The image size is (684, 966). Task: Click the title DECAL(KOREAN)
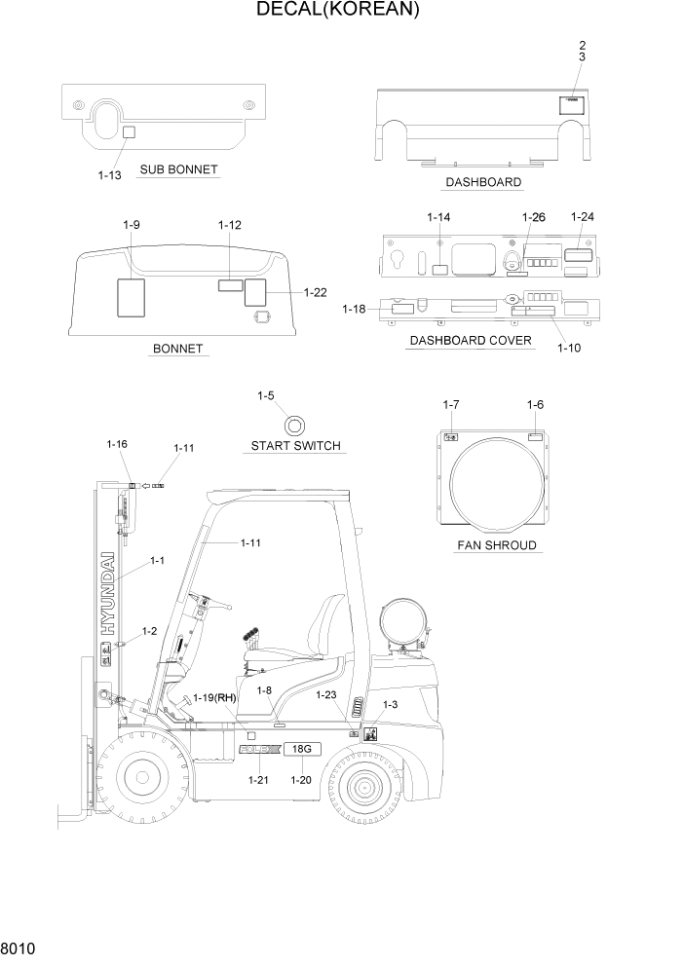click(x=337, y=11)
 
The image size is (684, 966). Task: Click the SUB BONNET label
click(x=178, y=170)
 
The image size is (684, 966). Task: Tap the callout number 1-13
click(x=109, y=175)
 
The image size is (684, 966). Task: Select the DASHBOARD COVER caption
click(x=471, y=341)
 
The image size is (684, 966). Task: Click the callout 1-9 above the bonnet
click(x=132, y=225)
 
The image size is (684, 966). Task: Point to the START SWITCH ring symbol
click(x=295, y=425)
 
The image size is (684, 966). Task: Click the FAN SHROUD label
click(x=497, y=545)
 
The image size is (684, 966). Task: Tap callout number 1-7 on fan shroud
click(x=450, y=405)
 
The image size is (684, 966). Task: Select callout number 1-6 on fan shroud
click(x=535, y=405)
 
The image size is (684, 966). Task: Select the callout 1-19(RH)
click(x=215, y=698)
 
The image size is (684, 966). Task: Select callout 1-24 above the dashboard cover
click(x=582, y=217)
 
